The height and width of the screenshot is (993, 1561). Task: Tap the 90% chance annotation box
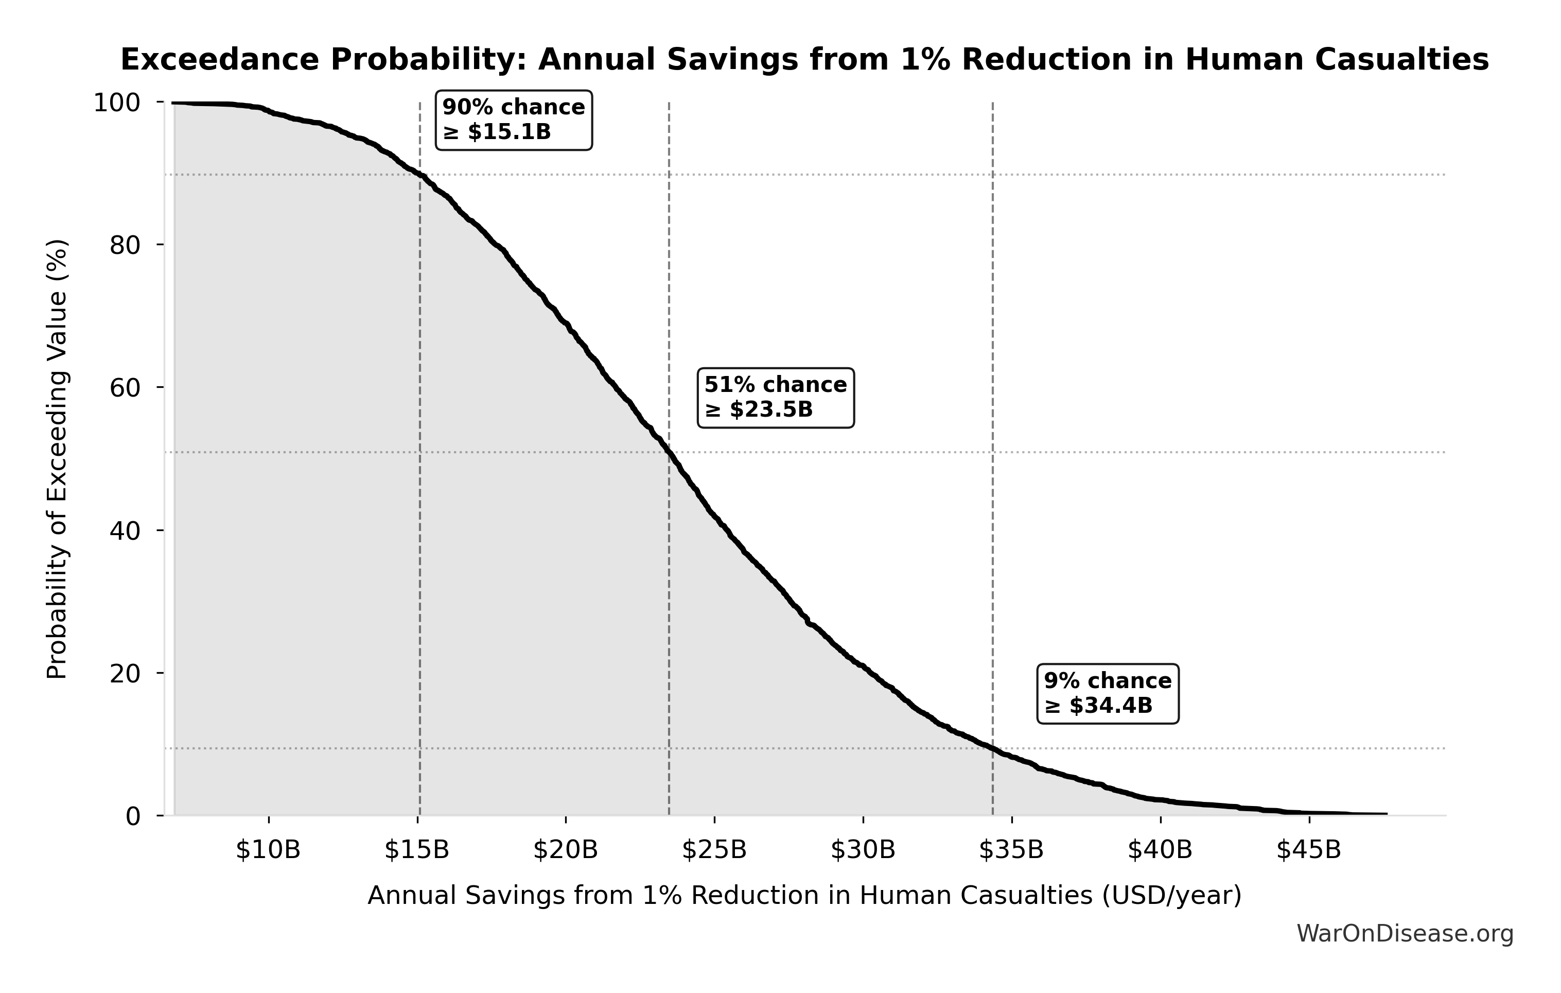(514, 120)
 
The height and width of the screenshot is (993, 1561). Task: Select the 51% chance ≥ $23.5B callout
(775, 398)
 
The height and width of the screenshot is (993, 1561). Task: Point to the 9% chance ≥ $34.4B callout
(1108, 693)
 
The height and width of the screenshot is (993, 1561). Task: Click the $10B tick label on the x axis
(268, 850)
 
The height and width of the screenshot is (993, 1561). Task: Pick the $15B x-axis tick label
(417, 850)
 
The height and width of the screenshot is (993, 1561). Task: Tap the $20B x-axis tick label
(565, 850)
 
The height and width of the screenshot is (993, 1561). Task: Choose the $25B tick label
(714, 850)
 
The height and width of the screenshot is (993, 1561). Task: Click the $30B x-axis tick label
(863, 850)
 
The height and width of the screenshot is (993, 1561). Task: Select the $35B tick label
(1011, 850)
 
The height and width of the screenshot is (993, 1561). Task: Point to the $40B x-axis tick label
(1160, 850)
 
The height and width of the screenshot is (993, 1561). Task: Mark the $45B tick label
(1309, 850)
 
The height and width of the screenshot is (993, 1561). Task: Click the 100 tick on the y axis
(117, 102)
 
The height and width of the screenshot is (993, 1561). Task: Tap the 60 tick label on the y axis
(125, 388)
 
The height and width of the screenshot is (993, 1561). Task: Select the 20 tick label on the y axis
(125, 673)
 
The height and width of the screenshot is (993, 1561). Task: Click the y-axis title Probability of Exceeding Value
(57, 459)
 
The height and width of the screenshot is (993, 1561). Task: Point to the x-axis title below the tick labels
(804, 896)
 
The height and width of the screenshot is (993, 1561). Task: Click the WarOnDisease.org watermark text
(1405, 934)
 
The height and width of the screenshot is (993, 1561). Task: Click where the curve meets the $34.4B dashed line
(992, 748)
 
